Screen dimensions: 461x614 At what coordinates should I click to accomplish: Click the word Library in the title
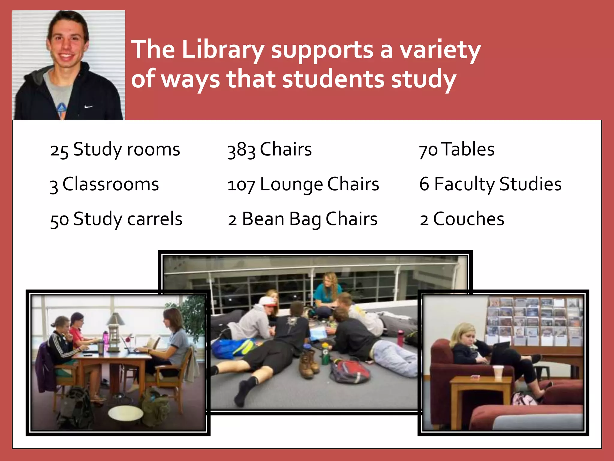tap(223, 50)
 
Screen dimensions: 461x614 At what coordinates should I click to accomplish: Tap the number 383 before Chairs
tap(241, 150)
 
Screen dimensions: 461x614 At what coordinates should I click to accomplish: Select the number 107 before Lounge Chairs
tap(241, 185)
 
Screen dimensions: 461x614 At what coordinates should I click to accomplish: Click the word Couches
tap(469, 219)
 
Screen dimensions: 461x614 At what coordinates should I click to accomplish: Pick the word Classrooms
tap(111, 184)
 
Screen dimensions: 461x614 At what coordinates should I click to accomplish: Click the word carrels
tap(155, 219)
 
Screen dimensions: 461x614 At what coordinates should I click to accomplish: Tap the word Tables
tap(468, 149)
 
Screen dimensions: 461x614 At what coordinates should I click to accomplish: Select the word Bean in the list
tap(263, 219)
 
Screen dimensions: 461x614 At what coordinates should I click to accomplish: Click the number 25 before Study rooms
tap(59, 150)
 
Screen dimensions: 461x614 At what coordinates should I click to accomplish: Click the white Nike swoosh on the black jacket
tap(88, 107)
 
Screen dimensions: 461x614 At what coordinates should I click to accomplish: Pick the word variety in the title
tap(440, 50)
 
